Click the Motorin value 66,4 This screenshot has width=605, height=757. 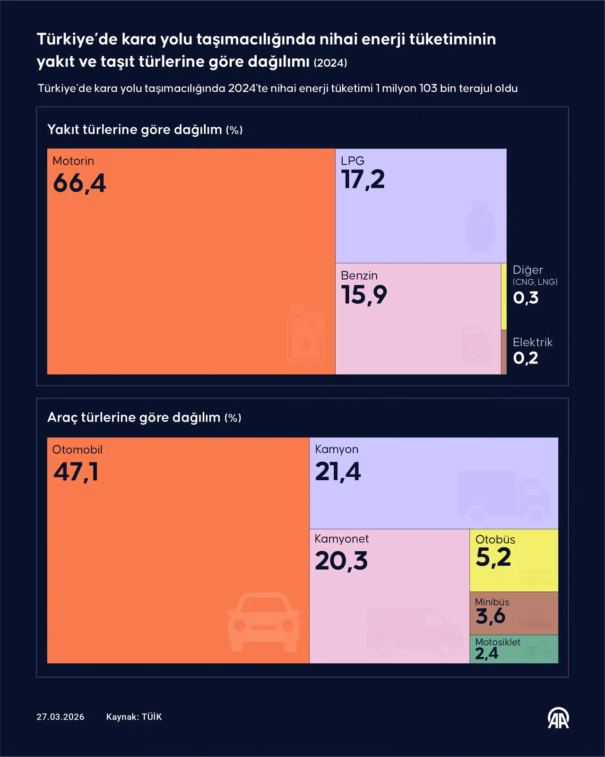79,183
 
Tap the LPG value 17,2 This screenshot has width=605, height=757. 363,180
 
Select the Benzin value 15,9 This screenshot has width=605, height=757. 364,295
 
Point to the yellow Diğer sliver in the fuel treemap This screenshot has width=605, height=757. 504,297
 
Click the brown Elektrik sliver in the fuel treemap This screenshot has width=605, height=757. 504,352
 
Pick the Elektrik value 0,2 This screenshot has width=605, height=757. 526,358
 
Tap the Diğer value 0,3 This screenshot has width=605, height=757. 526,298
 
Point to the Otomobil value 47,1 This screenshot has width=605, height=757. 76,472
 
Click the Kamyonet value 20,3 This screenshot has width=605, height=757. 341,561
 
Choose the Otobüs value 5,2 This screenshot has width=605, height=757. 493,557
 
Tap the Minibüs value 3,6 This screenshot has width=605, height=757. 491,616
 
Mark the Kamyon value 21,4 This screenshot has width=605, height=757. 338,472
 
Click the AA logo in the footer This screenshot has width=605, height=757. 558,718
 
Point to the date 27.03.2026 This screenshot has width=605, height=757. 60,717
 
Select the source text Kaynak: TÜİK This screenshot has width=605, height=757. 134,717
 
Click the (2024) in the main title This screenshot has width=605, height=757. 330,63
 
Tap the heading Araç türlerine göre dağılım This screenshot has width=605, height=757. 134,417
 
